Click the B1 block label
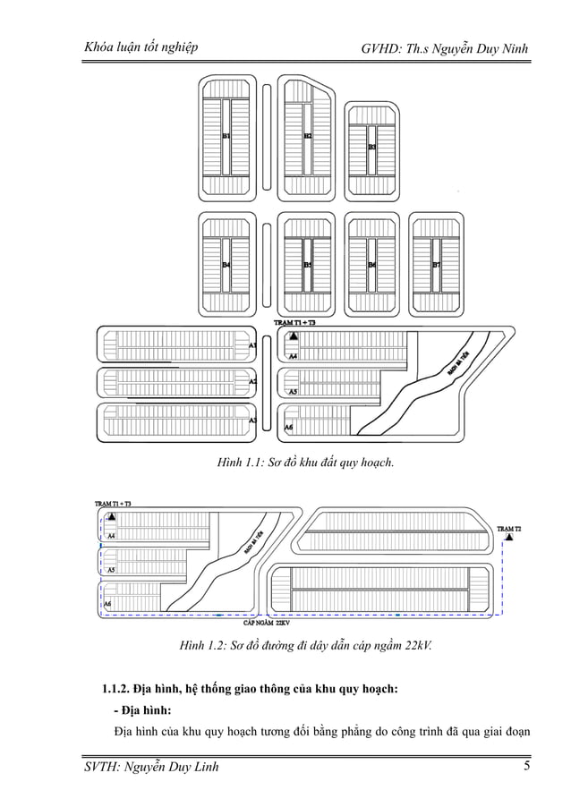pyautogui.click(x=226, y=135)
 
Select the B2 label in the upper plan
pyautogui.click(x=307, y=135)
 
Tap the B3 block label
pyautogui.click(x=371, y=146)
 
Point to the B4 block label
pyautogui.click(x=226, y=265)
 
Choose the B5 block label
pyautogui.click(x=307, y=265)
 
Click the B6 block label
pyautogui.click(x=371, y=265)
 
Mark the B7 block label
pyautogui.click(x=436, y=265)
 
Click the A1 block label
pyautogui.click(x=253, y=344)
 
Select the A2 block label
pyautogui.click(x=253, y=382)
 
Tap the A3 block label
pyautogui.click(x=253, y=420)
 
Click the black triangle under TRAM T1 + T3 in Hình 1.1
pyautogui.click(x=293, y=336)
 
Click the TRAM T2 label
pyautogui.click(x=508, y=529)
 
